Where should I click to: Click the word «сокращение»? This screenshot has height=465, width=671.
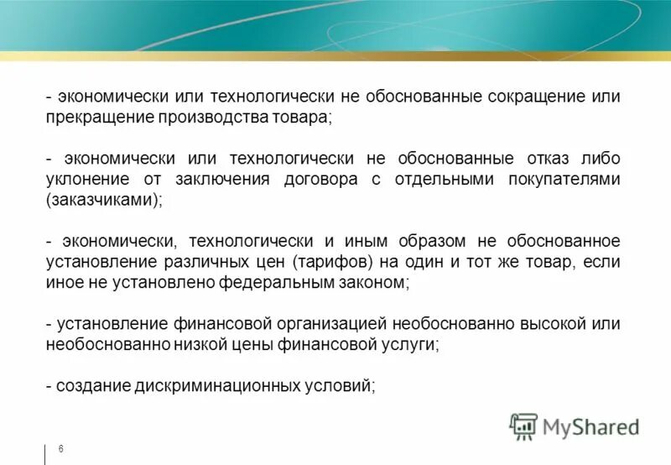534,97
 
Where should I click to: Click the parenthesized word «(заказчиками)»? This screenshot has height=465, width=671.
102,201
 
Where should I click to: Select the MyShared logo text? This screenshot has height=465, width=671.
590,427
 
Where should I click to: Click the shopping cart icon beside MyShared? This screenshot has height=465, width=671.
523,426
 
